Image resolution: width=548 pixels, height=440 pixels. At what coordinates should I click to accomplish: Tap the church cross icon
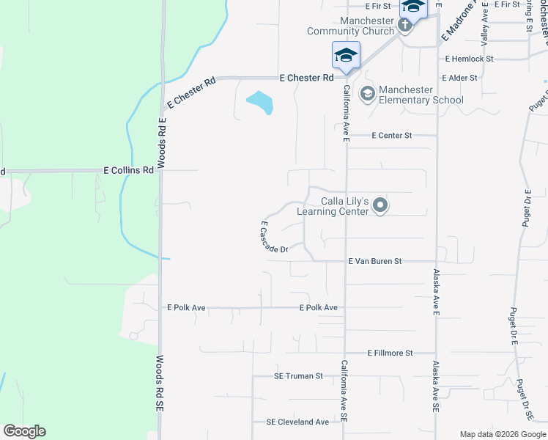[404, 26]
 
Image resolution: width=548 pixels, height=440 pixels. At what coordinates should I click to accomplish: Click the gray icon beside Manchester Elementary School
[367, 93]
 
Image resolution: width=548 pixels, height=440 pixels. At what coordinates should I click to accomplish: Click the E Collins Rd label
[129, 169]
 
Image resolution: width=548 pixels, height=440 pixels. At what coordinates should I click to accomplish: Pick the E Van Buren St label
[375, 261]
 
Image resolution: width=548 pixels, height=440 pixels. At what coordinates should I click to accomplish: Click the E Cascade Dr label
[274, 238]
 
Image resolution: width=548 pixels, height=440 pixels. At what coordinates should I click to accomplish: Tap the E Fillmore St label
[390, 353]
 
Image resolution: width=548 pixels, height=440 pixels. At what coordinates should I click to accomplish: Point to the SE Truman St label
[298, 376]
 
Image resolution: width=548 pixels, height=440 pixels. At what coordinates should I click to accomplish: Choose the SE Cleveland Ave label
[297, 422]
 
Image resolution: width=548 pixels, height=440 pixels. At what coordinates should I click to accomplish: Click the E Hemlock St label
[469, 58]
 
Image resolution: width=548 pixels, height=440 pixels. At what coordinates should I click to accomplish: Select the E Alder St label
[459, 77]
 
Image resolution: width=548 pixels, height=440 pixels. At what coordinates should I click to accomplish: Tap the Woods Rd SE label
[160, 395]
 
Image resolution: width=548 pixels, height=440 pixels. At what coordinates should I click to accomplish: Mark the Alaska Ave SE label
[435, 388]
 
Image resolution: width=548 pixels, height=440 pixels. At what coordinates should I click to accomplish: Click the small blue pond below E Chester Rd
[260, 102]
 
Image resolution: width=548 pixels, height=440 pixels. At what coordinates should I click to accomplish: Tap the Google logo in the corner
[24, 431]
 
